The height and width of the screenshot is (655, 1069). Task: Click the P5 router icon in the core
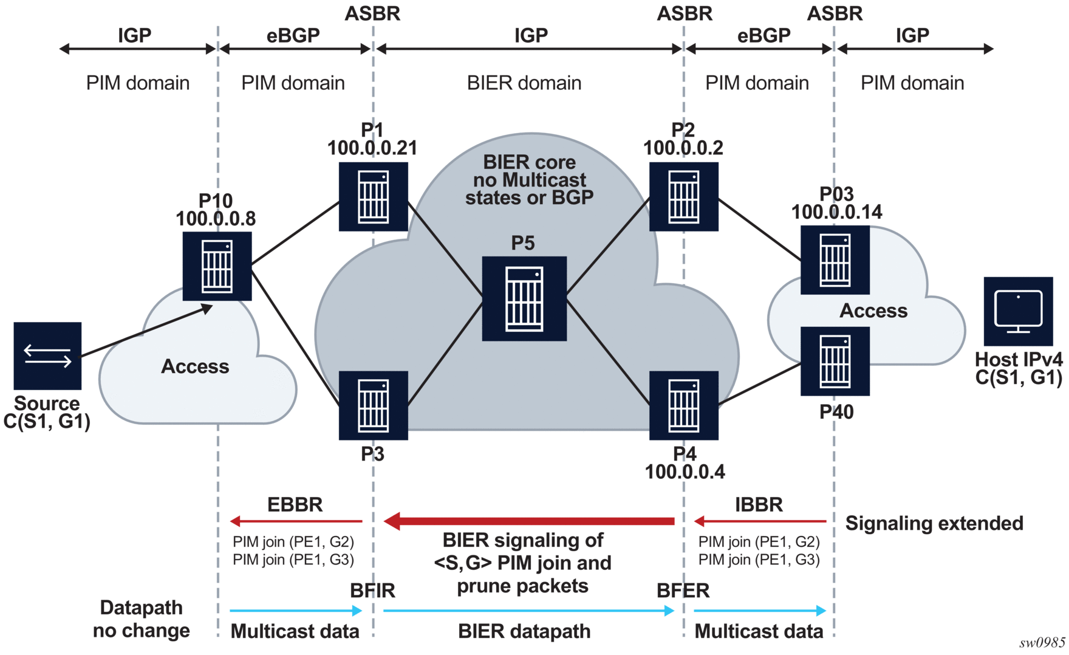coord(524,298)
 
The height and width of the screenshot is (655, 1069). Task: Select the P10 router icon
coord(217,266)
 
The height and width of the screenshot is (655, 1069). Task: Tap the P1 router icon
coord(373,197)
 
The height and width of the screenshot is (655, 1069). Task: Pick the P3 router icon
coord(373,405)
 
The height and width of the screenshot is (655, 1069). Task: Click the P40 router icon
coord(835,362)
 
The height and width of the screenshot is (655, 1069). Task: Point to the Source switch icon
coord(47,355)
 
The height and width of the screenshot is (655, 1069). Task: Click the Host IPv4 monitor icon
coord(1018,311)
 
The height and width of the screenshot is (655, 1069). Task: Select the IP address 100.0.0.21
coord(372,148)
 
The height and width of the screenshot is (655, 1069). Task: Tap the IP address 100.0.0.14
coord(836,212)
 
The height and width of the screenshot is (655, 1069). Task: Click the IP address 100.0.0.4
coord(685,472)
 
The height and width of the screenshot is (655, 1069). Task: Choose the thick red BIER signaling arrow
coord(529,521)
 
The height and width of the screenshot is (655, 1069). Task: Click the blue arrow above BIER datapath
coord(528,611)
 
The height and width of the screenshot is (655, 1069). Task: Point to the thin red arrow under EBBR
coord(296,521)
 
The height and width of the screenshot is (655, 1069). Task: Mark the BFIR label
coord(372,590)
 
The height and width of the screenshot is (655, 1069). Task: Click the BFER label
coord(683,590)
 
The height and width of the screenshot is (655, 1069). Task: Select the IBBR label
coord(759,504)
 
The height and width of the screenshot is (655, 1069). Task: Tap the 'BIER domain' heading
coord(524,83)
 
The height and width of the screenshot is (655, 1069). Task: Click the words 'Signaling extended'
coord(934,523)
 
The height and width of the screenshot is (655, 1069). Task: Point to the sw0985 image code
coord(1042,643)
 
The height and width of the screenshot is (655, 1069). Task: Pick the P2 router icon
coord(683,197)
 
